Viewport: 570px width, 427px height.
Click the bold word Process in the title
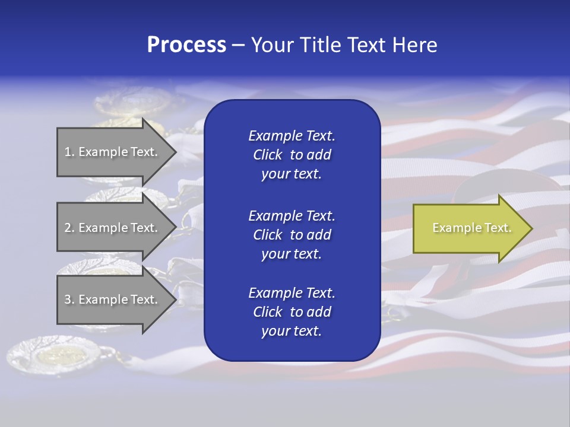coord(186,45)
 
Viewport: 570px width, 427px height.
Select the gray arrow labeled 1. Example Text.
coord(113,152)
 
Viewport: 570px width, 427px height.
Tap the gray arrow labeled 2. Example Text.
coord(113,228)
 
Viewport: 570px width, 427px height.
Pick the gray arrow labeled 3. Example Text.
coord(113,299)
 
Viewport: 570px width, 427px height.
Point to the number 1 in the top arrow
coord(67,152)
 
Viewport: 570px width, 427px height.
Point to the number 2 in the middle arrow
coord(67,228)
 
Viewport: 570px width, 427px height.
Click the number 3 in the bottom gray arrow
coord(67,299)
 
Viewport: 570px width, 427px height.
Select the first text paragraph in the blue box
coord(292,155)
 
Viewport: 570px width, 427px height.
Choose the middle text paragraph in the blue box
coord(292,235)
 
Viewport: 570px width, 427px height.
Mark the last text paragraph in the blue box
coord(292,312)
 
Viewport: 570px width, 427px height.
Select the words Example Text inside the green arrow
coord(471,228)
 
